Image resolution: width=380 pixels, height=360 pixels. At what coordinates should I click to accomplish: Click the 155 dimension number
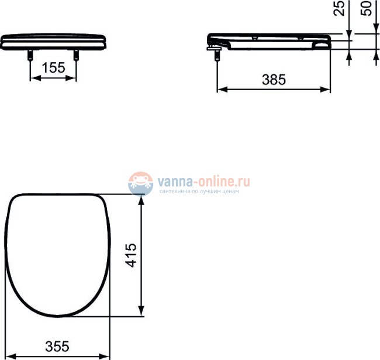tap(54, 68)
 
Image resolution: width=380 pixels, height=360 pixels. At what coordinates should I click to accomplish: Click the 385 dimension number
tap(274, 80)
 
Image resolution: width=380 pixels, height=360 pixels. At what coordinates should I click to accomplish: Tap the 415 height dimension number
tap(131, 255)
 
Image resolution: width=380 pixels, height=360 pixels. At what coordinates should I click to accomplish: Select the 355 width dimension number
tap(57, 347)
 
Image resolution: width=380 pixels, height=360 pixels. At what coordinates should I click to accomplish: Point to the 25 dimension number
tap(339, 9)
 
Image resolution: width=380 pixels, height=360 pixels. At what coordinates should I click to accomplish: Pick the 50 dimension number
tap(366, 9)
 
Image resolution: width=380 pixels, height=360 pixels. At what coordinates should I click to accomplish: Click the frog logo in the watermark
tap(140, 184)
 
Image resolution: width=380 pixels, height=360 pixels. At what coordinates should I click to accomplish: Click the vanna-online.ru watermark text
tap(204, 181)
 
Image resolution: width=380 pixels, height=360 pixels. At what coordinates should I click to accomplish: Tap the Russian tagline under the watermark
tap(199, 191)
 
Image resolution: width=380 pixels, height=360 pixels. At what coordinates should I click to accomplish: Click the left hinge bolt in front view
tap(30, 55)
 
